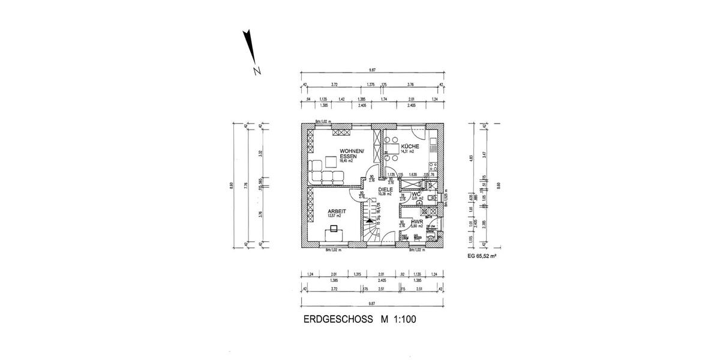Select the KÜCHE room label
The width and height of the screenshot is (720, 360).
pyautogui.click(x=410, y=146)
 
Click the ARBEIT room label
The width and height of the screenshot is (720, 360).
pyautogui.click(x=337, y=211)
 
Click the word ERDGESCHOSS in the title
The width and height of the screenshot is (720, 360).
pyautogui.click(x=338, y=320)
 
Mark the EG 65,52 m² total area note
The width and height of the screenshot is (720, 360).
pyautogui.click(x=482, y=256)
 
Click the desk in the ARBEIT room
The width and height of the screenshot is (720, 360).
pyautogui.click(x=333, y=233)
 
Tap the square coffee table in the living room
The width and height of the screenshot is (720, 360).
pyautogui.click(x=331, y=161)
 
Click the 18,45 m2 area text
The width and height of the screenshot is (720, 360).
pyautogui.click(x=346, y=161)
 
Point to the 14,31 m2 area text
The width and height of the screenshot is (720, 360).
pyautogui.click(x=408, y=152)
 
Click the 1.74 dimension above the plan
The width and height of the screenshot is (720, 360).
pyautogui.click(x=385, y=99)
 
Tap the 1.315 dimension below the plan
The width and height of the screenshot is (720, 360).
pyautogui.click(x=358, y=274)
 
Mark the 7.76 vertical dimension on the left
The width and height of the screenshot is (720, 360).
pyautogui.click(x=247, y=185)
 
